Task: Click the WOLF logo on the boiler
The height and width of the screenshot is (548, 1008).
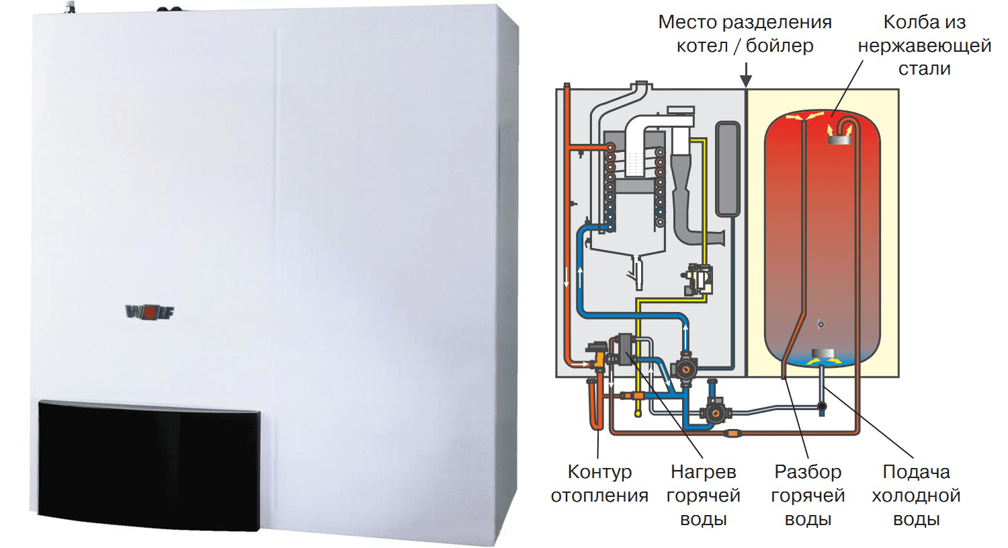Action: (149, 311)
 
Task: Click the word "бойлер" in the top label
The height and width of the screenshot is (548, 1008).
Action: (780, 46)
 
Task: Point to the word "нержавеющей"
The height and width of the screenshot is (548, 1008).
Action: (924, 46)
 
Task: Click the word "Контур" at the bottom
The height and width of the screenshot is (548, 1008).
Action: (599, 472)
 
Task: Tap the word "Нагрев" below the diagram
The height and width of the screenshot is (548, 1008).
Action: (704, 472)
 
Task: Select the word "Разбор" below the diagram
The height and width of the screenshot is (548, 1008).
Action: (808, 472)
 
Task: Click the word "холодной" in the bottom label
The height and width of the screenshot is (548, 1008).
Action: (916, 496)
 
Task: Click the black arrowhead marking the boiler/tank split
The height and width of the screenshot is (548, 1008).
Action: (746, 82)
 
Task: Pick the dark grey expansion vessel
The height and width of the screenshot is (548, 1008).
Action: (728, 169)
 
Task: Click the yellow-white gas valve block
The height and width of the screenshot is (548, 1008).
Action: (698, 280)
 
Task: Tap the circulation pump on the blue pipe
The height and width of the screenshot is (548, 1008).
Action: (685, 368)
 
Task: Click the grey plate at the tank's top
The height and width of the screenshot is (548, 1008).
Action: (839, 140)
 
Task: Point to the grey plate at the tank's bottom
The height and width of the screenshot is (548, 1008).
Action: (823, 354)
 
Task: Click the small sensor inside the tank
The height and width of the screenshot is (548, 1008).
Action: (821, 324)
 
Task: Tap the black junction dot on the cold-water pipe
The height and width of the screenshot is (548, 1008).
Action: (822, 407)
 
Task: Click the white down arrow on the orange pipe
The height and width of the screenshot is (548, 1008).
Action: (566, 277)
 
